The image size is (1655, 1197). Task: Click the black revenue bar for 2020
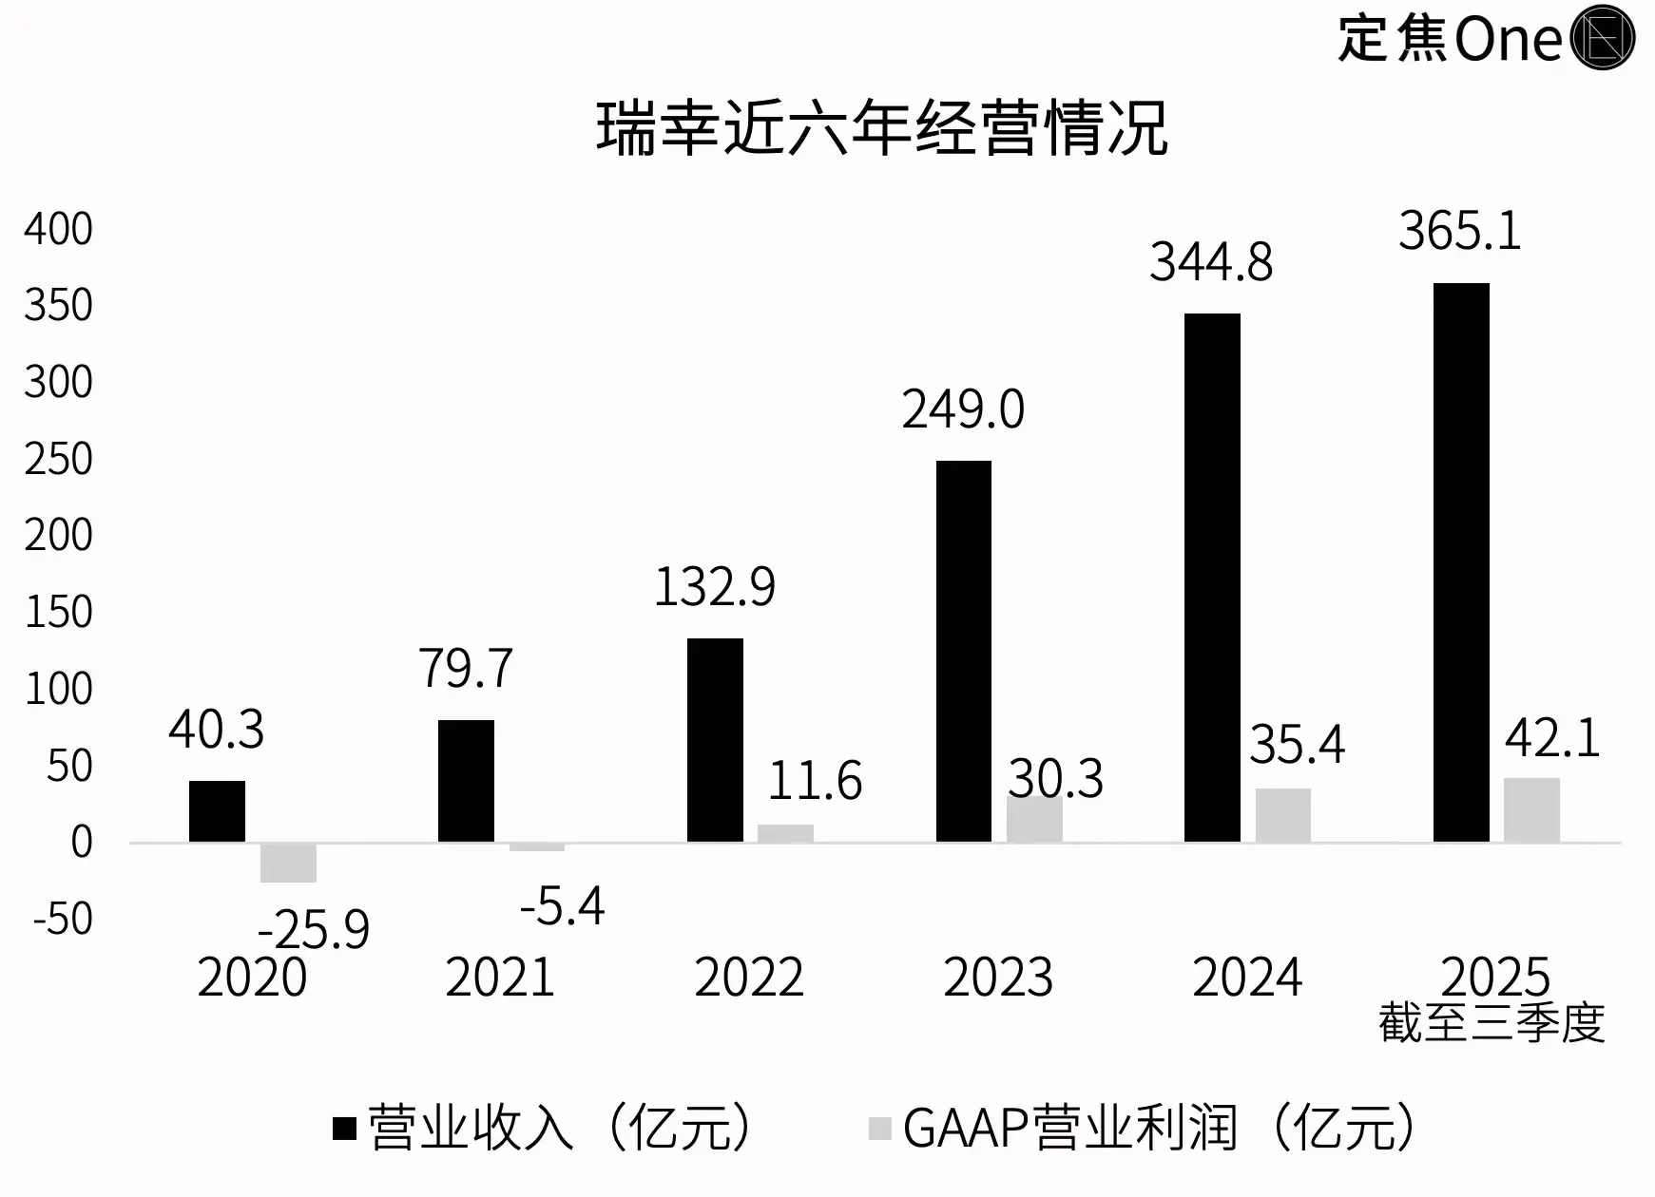[217, 811]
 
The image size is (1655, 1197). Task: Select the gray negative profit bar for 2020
[288, 863]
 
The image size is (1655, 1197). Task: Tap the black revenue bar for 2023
[963, 651]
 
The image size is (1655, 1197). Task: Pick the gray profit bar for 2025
[1531, 810]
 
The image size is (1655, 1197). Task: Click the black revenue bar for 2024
[1212, 578]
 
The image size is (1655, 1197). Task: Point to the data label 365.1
[1459, 231]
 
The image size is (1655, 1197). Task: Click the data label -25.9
[313, 929]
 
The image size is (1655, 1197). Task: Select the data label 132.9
[714, 586]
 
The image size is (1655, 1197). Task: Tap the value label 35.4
[1297, 744]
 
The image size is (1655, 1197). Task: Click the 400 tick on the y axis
[59, 230]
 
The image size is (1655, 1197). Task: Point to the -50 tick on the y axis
[63, 920]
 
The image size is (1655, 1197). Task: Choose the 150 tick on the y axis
[59, 613]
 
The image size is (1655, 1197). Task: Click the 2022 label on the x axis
[749, 978]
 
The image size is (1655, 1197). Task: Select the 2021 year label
[500, 978]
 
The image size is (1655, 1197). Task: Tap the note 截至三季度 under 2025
[1491, 1023]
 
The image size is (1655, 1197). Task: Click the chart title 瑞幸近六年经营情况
[881, 128]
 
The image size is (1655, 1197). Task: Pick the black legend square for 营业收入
[344, 1129]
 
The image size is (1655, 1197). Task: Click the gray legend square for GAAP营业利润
[880, 1129]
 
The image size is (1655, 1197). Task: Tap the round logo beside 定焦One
[1603, 38]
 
